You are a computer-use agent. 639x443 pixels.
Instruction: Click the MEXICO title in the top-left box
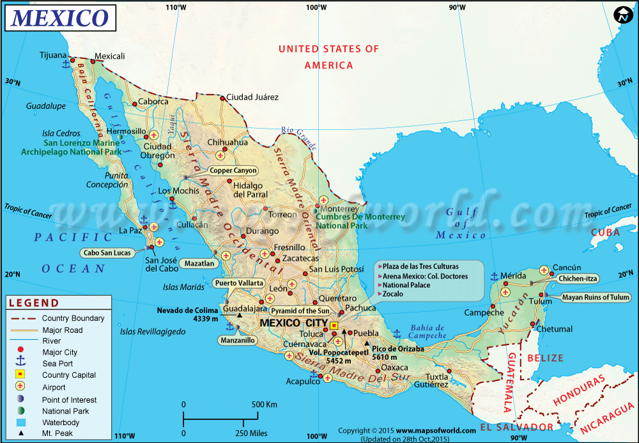61,18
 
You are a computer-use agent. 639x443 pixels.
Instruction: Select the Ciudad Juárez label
252,97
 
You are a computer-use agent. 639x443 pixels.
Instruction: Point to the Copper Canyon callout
233,171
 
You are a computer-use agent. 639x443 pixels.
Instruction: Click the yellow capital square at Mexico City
334,325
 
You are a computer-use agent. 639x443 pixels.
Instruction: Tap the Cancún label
567,267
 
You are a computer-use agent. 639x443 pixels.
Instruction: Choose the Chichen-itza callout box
578,279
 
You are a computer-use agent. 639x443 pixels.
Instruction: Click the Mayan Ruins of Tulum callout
596,297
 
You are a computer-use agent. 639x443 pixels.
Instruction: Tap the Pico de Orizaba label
397,348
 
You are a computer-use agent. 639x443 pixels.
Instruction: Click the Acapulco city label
302,382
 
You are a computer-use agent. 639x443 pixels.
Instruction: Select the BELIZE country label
545,358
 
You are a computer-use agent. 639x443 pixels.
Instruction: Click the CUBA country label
605,232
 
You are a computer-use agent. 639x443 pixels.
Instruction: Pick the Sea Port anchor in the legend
20,363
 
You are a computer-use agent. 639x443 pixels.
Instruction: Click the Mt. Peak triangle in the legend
20,433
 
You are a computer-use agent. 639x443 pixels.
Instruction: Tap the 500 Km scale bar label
263,405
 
